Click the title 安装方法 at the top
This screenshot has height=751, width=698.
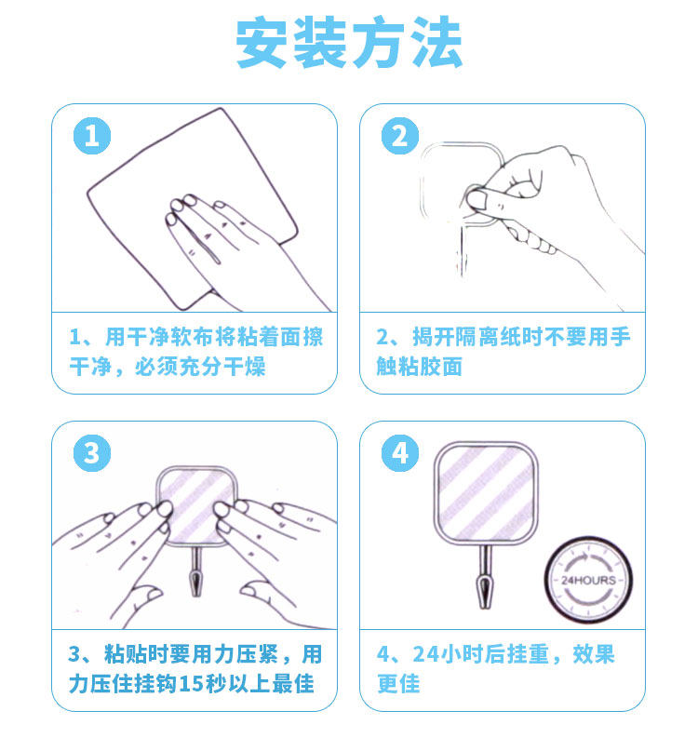[349, 42]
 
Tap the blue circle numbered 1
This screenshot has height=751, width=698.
[92, 136]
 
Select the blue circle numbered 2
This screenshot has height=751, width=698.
[400, 136]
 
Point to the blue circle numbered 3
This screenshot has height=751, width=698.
[92, 453]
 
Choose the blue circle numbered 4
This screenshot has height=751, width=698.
[400, 453]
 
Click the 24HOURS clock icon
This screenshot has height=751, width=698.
[589, 580]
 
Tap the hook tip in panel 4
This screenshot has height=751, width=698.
[485, 605]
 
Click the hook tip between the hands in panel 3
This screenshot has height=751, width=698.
[195, 593]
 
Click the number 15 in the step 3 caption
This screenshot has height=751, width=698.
[190, 684]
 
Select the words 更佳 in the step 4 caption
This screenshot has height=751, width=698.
[398, 684]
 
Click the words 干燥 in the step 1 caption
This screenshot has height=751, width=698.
[245, 367]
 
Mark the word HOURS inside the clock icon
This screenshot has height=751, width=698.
[595, 580]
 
